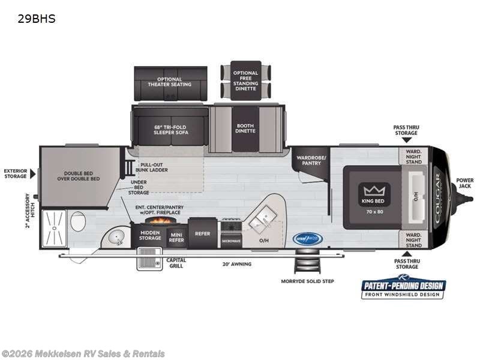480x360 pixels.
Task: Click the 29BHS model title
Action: (x=37, y=19)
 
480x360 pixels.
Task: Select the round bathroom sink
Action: (x=116, y=237)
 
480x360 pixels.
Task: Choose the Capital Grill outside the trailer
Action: (x=149, y=259)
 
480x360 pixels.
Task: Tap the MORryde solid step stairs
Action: (x=302, y=263)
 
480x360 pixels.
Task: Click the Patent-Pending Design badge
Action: (x=403, y=288)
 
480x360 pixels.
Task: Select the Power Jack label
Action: (x=464, y=183)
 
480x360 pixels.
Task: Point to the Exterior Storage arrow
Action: (x=33, y=173)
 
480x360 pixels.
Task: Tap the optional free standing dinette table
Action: (x=246, y=81)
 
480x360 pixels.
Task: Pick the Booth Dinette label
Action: (x=245, y=128)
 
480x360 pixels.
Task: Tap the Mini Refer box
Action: (x=176, y=238)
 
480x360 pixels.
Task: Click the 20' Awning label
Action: (x=237, y=264)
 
